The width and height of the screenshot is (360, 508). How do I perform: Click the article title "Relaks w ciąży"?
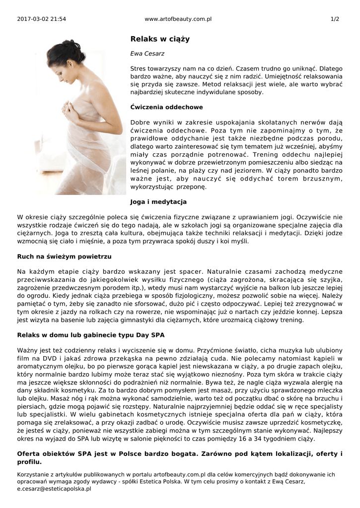153,39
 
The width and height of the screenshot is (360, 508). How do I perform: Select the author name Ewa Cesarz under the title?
147,53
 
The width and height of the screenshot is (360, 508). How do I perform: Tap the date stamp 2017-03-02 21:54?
41,19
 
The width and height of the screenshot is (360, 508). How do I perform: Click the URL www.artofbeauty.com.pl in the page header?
178,19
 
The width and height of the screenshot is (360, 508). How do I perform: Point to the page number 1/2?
335,19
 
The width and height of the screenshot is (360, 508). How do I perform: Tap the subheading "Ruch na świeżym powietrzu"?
64,256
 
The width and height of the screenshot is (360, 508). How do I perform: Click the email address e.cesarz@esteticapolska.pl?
54,489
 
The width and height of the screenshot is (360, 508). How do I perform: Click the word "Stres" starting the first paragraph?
139,68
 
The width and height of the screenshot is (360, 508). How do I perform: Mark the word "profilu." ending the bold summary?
29,462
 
